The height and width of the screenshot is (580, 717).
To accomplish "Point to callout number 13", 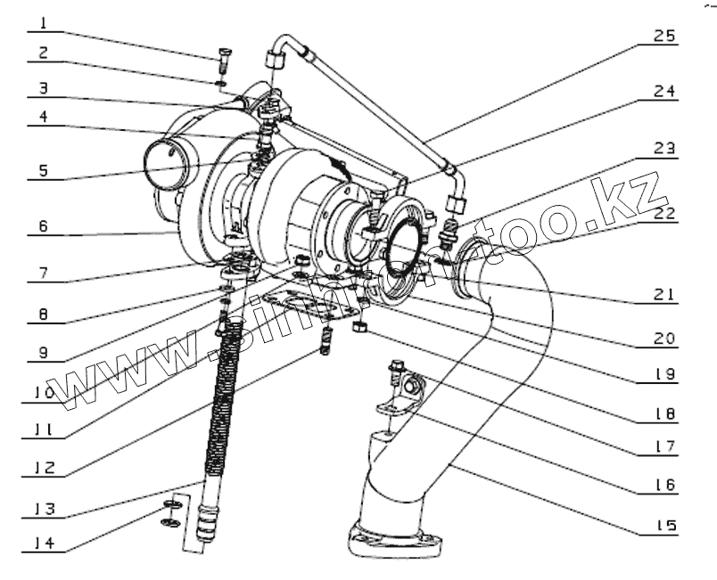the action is point(45,509).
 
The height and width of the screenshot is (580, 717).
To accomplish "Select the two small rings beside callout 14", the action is point(173,514).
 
